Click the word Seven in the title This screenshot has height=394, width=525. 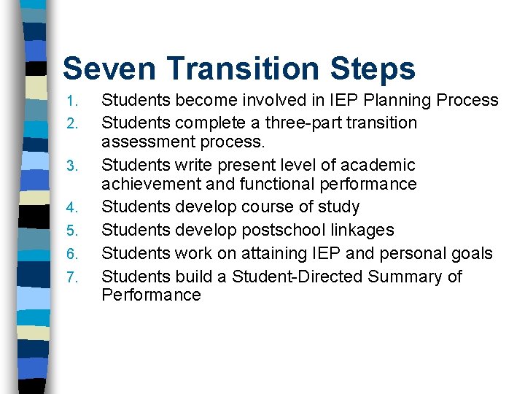[109, 69]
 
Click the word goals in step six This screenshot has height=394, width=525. [472, 254]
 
